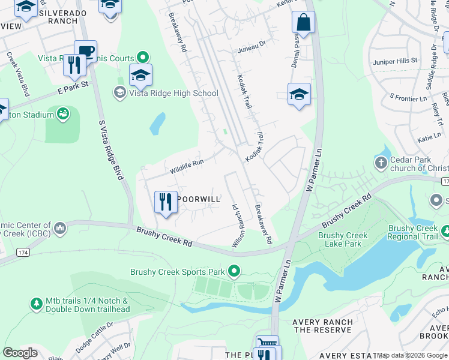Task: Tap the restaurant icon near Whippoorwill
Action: [166, 202]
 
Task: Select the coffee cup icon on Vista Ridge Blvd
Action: [86, 50]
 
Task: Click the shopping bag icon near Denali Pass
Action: [304, 23]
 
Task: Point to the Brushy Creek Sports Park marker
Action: [235, 272]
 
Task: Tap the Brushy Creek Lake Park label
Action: [343, 239]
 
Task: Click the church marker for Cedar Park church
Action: [380, 162]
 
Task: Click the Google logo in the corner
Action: [20, 353]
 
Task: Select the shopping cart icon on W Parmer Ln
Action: [268, 342]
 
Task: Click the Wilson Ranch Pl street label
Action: [235, 224]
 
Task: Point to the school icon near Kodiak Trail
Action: [299, 94]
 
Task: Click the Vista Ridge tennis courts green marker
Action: [143, 58]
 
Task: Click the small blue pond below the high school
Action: [157, 124]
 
